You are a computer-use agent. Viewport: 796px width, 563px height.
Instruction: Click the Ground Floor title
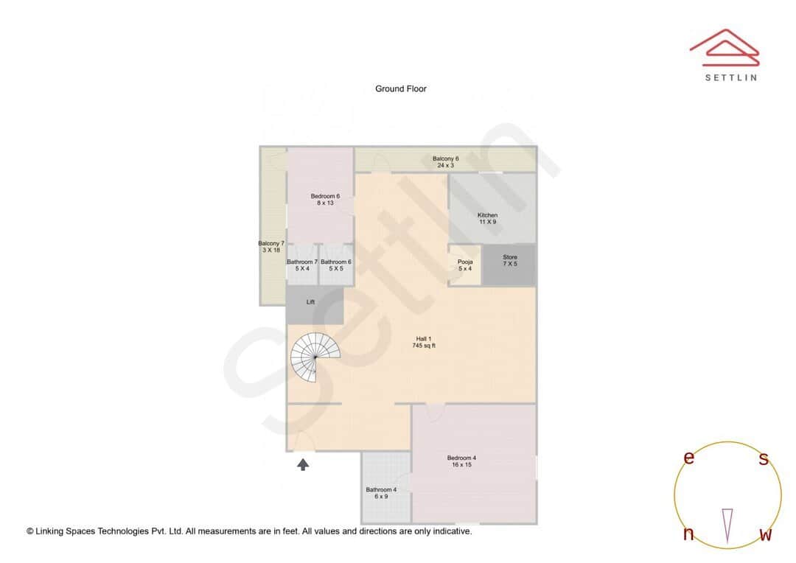400,88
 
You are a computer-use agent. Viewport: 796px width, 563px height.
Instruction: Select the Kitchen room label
487,218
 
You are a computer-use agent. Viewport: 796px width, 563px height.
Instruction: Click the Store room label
510,260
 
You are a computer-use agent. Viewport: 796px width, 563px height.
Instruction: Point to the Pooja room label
464,265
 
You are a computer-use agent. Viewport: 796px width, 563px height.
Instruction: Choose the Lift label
310,301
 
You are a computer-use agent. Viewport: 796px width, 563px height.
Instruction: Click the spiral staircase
315,356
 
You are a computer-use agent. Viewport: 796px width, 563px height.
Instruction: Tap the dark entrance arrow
302,464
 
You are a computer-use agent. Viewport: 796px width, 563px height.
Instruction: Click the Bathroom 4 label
381,493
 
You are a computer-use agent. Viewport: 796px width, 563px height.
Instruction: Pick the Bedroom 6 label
325,199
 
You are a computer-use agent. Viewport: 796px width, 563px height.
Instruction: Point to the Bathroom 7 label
302,265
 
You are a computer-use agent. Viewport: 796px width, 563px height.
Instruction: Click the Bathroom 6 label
336,265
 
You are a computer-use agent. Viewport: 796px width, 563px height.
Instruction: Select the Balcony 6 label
445,162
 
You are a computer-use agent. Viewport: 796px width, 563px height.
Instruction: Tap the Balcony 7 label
271,247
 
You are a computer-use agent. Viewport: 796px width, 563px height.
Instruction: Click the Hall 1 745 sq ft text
423,342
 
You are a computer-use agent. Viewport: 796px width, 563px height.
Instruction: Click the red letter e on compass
689,458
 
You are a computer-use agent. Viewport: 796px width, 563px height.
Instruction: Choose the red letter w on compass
765,534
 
